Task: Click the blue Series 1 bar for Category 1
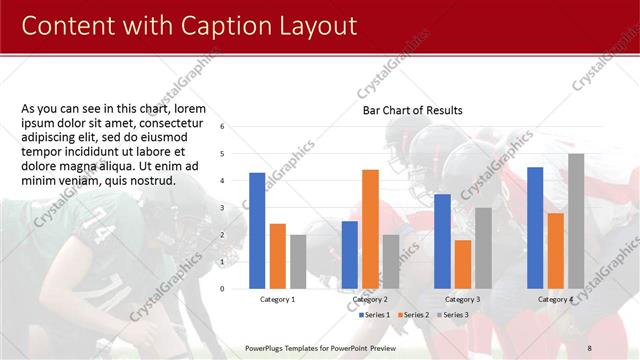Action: (257, 231)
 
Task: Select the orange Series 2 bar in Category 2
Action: (370, 229)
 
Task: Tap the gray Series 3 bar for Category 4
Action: (576, 221)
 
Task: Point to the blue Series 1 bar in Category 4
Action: (535, 228)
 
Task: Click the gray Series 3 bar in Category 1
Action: (298, 262)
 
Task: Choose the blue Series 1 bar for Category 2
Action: (350, 255)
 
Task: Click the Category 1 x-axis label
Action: (277, 299)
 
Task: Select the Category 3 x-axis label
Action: (462, 299)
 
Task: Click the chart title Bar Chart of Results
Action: (412, 110)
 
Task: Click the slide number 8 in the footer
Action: (617, 347)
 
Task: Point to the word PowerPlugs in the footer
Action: (267, 347)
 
